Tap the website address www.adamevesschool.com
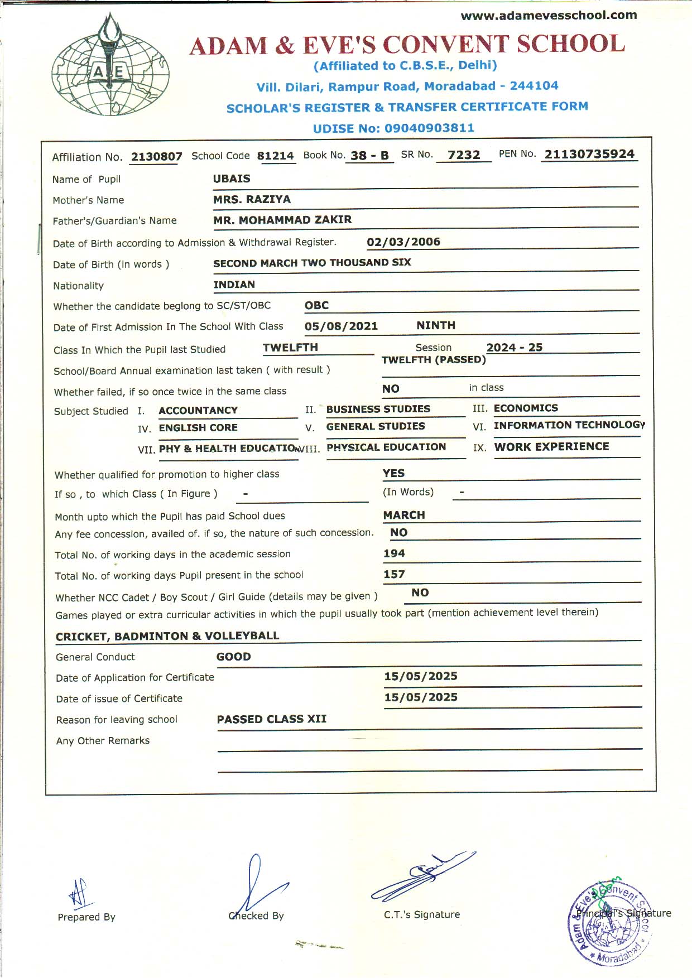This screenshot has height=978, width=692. pos(549,16)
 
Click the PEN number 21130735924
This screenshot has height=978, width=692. pos(589,154)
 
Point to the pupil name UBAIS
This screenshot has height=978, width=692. pos(232,179)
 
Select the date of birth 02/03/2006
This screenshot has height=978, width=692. pos(403,242)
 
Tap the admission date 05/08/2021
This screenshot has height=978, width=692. pos(341,326)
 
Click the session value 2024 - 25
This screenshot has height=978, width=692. pos(514,347)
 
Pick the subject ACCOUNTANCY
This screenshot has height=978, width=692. pos(198,411)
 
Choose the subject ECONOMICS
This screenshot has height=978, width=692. pos(526,408)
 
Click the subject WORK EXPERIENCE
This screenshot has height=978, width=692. pos(551,446)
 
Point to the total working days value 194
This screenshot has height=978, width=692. pos(394,553)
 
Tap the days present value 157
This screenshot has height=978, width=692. pos(394,574)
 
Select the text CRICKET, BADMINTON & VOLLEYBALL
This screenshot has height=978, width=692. pos(167,636)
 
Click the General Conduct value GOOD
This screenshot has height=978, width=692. pos(233,657)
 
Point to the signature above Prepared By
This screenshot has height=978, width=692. pos(79,893)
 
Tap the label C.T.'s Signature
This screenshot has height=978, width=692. pos(422,914)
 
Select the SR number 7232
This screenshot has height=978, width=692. pos(464,155)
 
